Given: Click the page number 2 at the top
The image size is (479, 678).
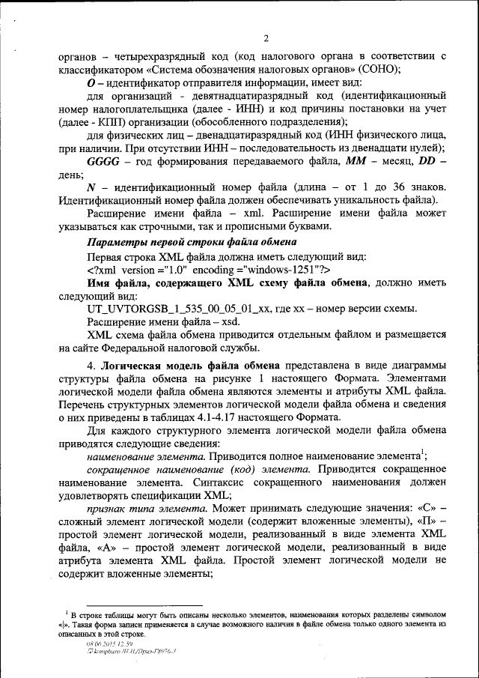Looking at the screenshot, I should (266, 39).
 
